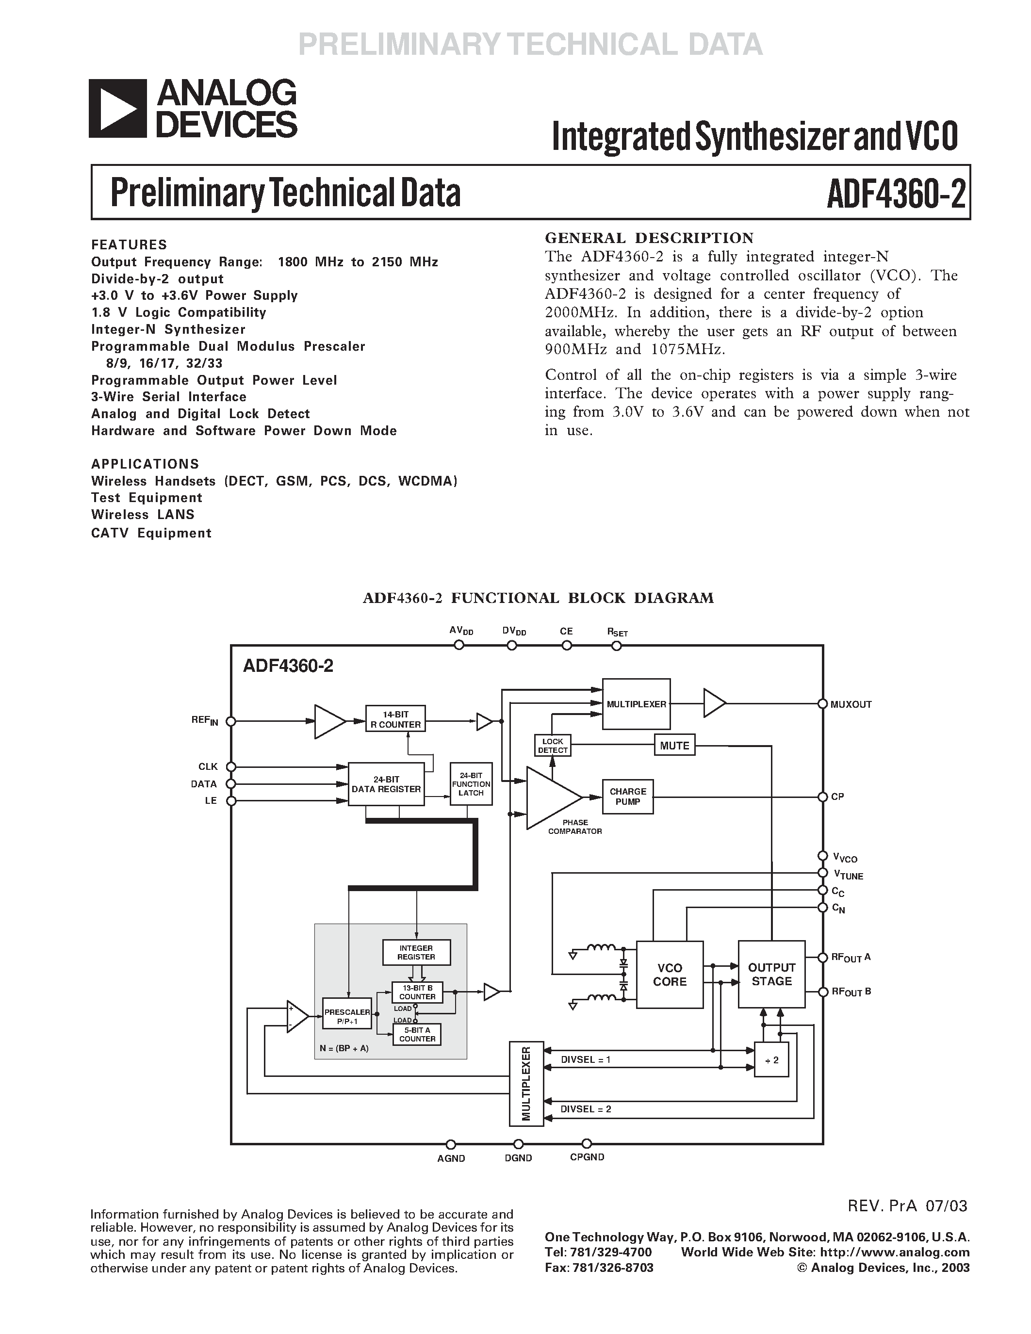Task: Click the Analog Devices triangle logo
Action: (118, 108)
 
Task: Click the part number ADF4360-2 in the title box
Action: (896, 194)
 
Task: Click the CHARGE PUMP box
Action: (627, 796)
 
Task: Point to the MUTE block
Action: (674, 745)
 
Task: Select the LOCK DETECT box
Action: (553, 745)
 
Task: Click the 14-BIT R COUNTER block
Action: (395, 719)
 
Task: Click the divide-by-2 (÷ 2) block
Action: (771, 1060)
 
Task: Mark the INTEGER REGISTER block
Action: (417, 952)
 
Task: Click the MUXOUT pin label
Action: (851, 704)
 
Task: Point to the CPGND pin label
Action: (587, 1157)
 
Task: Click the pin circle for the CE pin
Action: (567, 646)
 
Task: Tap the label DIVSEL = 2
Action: (586, 1108)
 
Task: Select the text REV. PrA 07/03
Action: (907, 1206)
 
